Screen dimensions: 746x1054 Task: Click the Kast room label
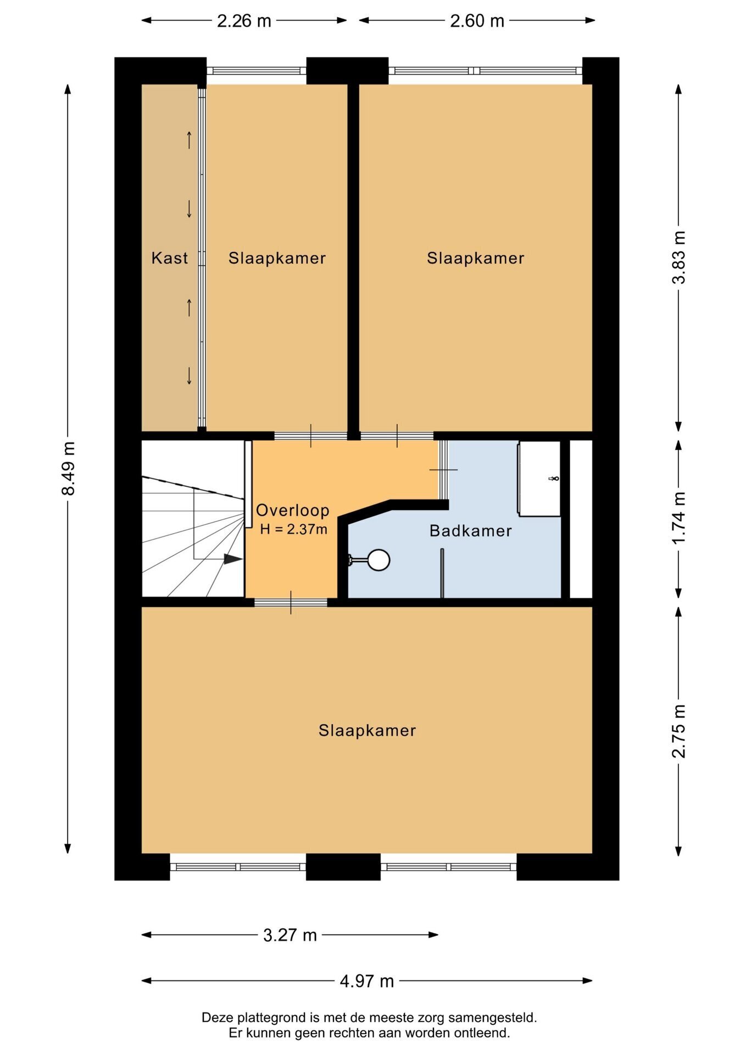(x=170, y=258)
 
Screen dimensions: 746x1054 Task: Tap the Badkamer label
(x=471, y=531)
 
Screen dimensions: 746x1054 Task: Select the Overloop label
(x=293, y=510)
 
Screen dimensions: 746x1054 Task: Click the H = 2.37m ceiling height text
(x=294, y=529)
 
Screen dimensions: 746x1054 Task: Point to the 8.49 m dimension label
(x=68, y=468)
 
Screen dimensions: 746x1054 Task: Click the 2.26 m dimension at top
(x=244, y=21)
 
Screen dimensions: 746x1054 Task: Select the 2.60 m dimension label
(x=477, y=21)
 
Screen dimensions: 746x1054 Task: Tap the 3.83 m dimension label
(x=679, y=257)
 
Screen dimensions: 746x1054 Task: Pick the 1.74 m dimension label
(x=679, y=518)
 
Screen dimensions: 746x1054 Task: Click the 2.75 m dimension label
(x=679, y=731)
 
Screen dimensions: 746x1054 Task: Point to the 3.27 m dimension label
(x=290, y=935)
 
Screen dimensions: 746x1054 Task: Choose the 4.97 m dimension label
(x=367, y=981)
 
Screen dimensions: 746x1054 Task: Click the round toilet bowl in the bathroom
(x=378, y=560)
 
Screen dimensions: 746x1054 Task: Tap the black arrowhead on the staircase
(x=233, y=559)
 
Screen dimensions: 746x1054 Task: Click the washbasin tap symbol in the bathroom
(x=554, y=479)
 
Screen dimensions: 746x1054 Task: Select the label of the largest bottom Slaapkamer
(x=367, y=731)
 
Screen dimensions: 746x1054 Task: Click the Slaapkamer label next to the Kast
(x=277, y=258)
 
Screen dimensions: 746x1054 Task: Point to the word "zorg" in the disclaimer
(x=431, y=1018)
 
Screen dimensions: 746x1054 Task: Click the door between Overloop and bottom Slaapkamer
(x=291, y=602)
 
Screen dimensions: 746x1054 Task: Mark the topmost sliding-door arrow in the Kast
(x=190, y=140)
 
